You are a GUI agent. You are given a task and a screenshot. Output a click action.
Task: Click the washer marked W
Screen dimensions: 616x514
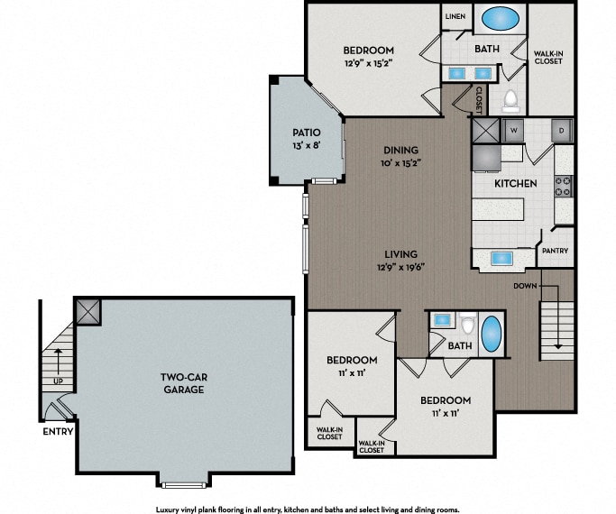tap(513, 131)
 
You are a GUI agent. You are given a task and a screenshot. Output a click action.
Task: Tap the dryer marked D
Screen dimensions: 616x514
tap(562, 131)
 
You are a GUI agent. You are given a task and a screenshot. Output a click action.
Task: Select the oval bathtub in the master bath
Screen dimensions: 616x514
tap(501, 18)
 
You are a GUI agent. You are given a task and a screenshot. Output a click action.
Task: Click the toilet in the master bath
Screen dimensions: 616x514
tap(510, 100)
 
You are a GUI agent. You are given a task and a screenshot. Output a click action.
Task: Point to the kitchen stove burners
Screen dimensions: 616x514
tap(563, 186)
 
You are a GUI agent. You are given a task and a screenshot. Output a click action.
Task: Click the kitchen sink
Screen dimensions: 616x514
tap(501, 258)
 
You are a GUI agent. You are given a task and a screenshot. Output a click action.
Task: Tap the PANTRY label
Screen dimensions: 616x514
tap(555, 251)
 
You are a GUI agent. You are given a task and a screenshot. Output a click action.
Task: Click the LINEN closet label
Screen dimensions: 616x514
tap(455, 16)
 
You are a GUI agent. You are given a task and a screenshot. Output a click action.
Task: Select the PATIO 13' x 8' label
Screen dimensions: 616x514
tap(307, 139)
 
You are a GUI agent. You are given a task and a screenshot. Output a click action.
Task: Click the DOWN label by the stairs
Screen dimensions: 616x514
tap(525, 286)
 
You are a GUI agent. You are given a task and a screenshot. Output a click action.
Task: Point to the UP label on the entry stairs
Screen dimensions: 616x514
tap(58, 381)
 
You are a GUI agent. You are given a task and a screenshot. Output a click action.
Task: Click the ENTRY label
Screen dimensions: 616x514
tap(58, 432)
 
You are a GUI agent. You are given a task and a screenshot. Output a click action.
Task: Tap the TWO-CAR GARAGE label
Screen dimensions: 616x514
tap(184, 383)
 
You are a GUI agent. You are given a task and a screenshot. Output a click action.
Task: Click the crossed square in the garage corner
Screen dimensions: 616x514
tap(88, 312)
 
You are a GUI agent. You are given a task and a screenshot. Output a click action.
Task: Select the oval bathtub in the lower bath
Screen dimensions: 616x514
tap(491, 334)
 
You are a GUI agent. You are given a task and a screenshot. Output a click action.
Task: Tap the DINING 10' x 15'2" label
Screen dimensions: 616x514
tap(400, 156)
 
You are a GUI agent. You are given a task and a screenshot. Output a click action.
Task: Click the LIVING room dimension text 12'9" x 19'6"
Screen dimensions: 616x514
tap(400, 268)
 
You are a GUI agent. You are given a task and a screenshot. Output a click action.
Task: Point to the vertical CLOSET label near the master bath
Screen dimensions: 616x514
tap(479, 100)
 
